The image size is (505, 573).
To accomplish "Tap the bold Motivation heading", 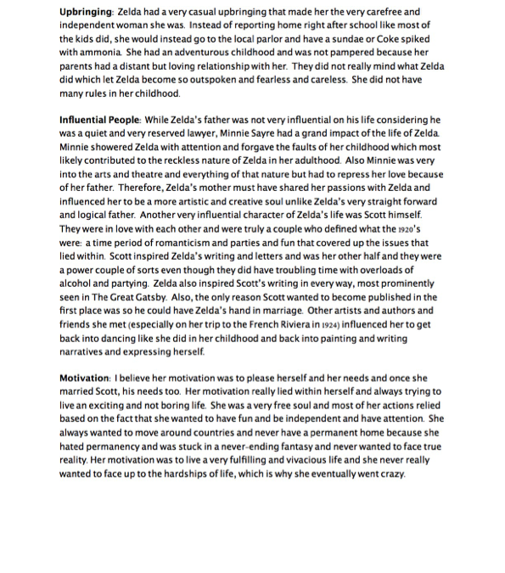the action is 85,376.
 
